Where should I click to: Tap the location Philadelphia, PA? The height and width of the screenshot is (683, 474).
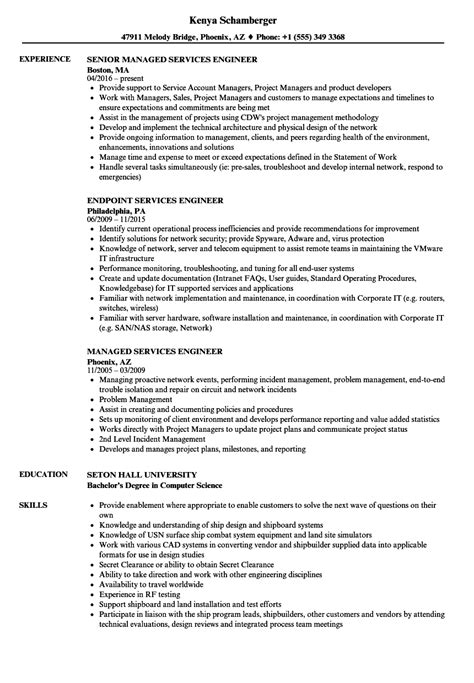pyautogui.click(x=123, y=211)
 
